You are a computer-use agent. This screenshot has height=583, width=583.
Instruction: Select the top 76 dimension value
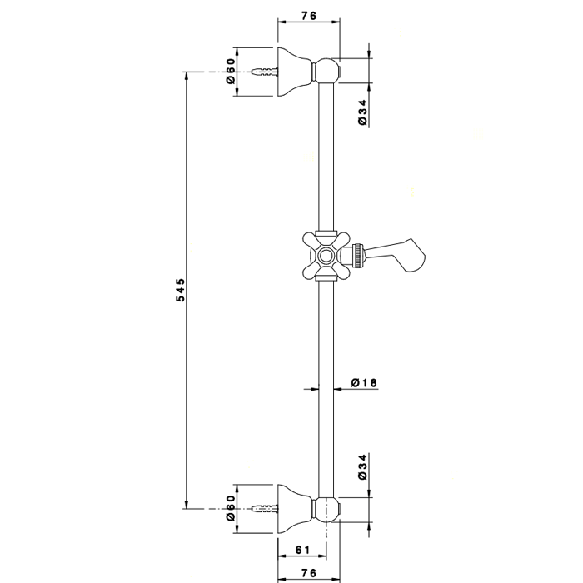(x=308, y=14)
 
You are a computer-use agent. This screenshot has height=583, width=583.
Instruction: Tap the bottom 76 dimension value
(x=308, y=572)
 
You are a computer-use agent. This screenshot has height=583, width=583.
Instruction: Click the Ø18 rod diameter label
(x=364, y=383)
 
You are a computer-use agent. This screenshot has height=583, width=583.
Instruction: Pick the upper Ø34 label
(x=362, y=112)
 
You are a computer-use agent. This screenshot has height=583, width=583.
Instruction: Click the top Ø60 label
(x=232, y=71)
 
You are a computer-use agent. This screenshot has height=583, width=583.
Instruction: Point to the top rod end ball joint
(x=328, y=70)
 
